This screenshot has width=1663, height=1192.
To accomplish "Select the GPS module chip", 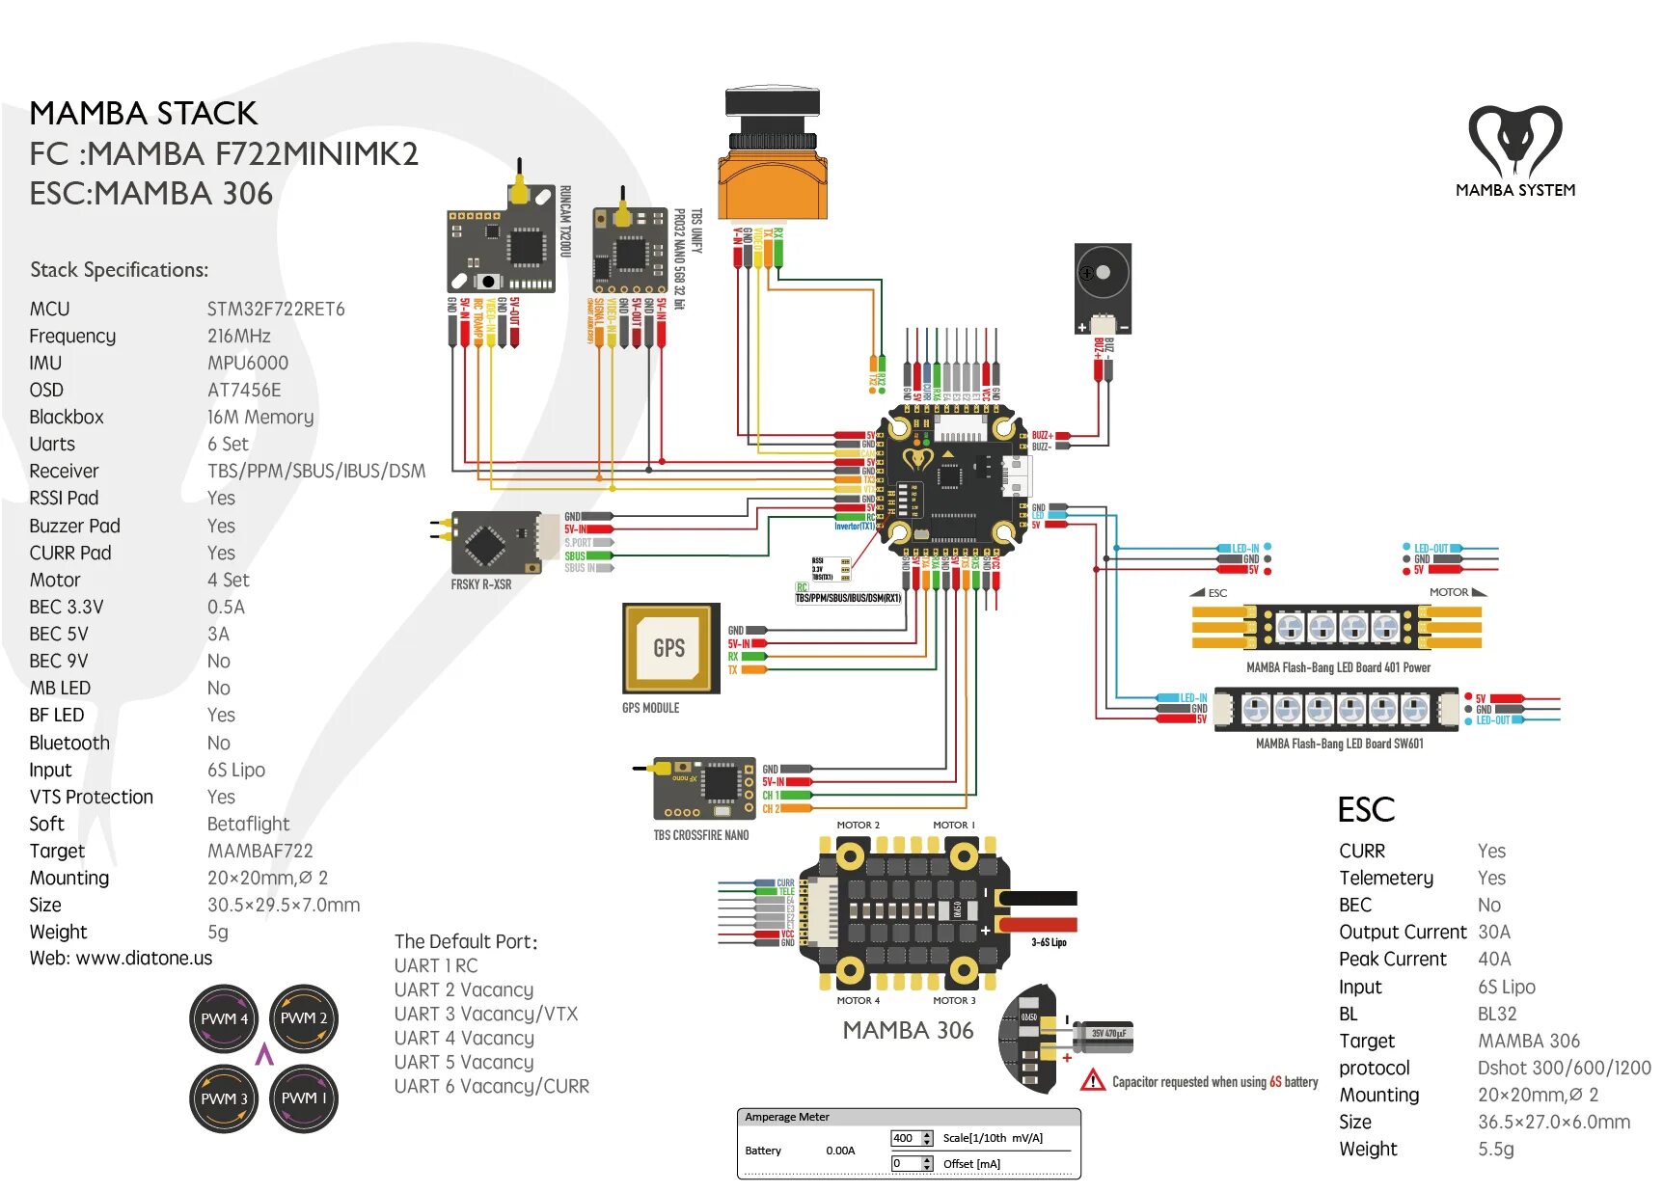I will (670, 648).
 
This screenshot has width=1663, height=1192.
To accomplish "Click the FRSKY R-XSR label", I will (481, 584).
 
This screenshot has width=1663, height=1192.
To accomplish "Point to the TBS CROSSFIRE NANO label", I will (701, 835).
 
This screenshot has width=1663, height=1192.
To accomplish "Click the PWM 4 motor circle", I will (225, 1018).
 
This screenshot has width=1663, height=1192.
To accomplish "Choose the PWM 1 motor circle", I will (304, 1098).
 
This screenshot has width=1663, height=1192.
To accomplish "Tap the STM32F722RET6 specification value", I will (276, 309).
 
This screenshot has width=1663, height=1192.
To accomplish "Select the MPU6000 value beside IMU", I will (248, 363).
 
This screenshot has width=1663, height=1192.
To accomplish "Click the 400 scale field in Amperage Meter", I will (905, 1138).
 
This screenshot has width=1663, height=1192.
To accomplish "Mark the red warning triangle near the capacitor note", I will (1093, 1080).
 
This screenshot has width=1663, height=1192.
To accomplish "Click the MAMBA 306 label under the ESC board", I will (908, 1030).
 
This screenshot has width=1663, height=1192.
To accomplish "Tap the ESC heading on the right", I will (1366, 810).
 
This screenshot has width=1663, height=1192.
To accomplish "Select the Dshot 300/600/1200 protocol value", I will (1564, 1068).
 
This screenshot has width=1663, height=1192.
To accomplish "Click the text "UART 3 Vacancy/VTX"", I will (486, 1014).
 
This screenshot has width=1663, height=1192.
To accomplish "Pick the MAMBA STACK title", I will (144, 113).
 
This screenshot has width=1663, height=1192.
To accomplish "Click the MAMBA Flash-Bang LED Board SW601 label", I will (1339, 744).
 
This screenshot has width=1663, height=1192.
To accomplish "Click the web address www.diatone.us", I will (144, 959).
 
